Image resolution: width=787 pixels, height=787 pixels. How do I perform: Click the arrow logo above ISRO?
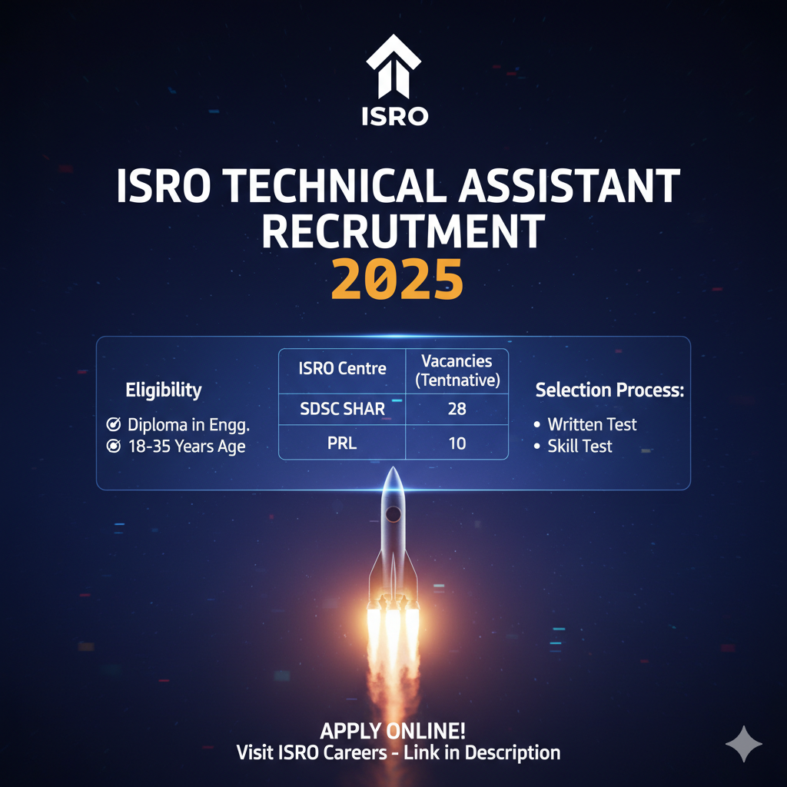(x=393, y=66)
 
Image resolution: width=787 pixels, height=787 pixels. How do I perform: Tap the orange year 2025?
(x=397, y=279)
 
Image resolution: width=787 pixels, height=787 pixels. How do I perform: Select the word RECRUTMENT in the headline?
(x=403, y=231)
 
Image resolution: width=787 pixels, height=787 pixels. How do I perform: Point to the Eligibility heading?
(x=164, y=390)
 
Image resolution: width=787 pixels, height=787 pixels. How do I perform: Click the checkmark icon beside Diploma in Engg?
(x=114, y=424)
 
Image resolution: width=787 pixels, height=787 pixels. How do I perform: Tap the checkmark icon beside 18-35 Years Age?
(x=114, y=446)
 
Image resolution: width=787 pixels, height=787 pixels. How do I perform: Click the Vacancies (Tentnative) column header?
(x=457, y=370)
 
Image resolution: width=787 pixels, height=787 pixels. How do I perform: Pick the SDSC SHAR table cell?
(x=342, y=409)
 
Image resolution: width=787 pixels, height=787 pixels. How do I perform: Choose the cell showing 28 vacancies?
(x=457, y=409)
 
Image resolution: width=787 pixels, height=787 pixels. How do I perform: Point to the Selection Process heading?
(x=609, y=390)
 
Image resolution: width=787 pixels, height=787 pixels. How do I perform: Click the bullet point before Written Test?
(x=537, y=424)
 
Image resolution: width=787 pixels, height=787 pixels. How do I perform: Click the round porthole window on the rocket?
(x=393, y=514)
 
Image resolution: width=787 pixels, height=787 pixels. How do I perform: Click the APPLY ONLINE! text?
(x=393, y=731)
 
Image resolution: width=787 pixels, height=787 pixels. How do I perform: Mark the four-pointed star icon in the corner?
(x=744, y=743)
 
